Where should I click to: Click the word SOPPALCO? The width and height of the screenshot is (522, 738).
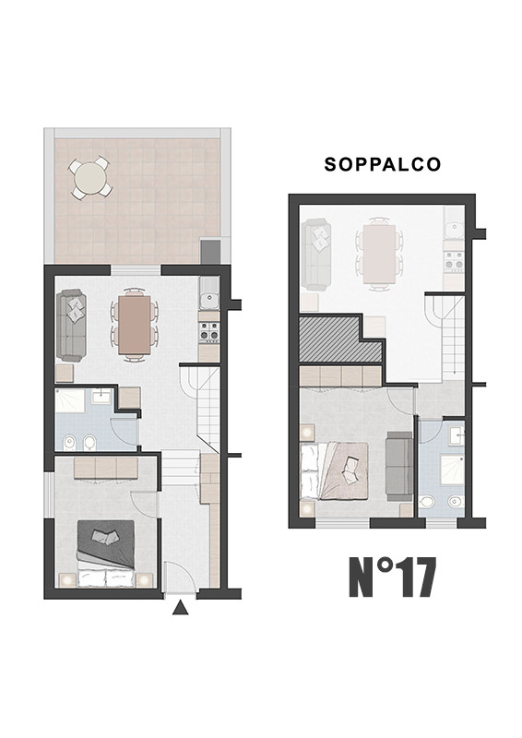click(382, 164)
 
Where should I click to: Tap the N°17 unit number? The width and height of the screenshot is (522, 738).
click(392, 577)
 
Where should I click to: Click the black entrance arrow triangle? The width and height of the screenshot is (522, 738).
click(180, 608)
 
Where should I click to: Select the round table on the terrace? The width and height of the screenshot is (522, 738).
click(91, 178)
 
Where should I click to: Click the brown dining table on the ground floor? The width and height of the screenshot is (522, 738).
click(135, 325)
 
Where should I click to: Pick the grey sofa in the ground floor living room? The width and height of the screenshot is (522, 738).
click(72, 326)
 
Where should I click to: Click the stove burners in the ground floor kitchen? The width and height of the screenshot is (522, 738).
click(209, 331)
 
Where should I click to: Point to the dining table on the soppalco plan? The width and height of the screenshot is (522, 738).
click(379, 254)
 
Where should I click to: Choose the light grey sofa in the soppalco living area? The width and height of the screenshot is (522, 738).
click(316, 256)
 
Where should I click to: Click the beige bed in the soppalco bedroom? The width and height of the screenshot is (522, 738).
click(334, 471)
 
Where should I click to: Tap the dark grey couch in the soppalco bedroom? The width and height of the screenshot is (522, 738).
click(399, 466)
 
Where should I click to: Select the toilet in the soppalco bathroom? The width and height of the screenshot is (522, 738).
click(427, 502)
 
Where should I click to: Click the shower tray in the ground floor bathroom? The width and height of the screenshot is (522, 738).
click(70, 399)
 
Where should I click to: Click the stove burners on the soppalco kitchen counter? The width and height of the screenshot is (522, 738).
click(454, 260)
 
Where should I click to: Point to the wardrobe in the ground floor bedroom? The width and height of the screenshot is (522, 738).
click(106, 469)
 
